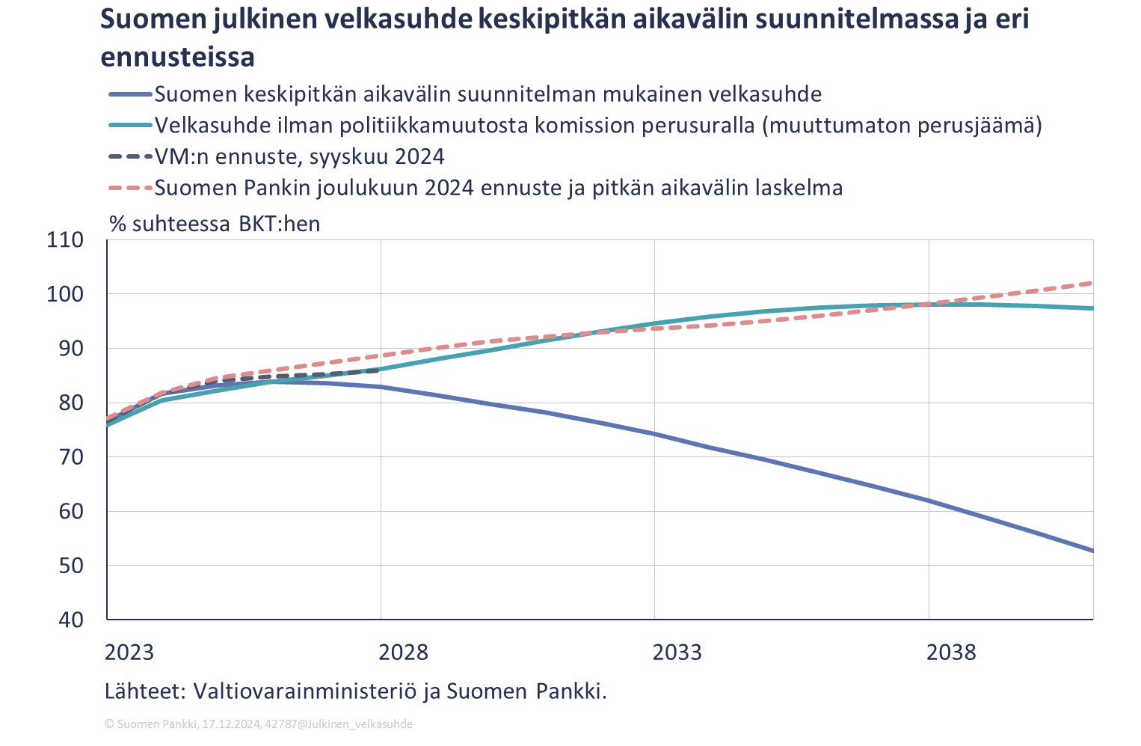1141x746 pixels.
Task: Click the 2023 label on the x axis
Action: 129,652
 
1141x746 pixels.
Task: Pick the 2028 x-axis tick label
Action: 403,652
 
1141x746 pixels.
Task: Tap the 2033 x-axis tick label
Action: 677,652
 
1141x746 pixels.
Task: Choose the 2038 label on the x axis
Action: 951,652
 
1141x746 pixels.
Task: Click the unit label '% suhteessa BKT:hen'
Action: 215,223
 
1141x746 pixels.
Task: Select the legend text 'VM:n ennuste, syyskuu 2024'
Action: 299,156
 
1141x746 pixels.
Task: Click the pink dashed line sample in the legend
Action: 130,187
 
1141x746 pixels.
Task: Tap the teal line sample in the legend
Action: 130,125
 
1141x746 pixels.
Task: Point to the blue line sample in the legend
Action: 130,94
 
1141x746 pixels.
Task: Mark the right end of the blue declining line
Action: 1092,551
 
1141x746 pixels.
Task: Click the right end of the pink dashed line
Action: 1092,283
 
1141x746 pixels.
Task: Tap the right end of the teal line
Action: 1092,308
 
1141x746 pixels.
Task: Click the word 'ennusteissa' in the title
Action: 177,57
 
